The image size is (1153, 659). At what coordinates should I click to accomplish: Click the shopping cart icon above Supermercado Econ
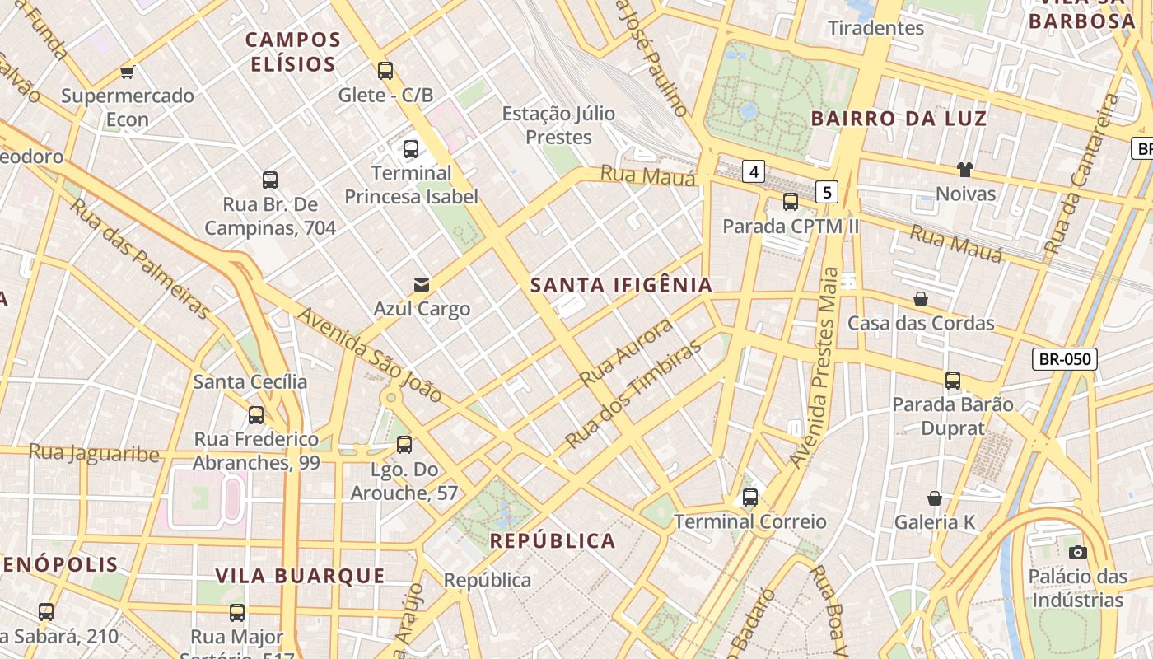tap(127, 72)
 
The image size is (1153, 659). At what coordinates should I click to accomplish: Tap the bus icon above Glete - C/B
tap(385, 70)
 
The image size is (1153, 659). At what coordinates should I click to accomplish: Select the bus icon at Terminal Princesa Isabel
tap(411, 149)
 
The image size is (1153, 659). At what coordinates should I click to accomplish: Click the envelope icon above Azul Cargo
tap(422, 285)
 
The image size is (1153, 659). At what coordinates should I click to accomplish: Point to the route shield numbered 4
tap(753, 171)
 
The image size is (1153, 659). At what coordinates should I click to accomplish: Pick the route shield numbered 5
tap(828, 193)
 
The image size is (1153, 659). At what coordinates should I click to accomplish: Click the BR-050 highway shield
tap(1064, 358)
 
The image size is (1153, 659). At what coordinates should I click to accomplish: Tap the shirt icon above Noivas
tap(965, 170)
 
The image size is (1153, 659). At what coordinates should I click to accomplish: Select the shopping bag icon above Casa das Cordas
tap(921, 299)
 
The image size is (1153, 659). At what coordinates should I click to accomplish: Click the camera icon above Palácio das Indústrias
tap(1077, 552)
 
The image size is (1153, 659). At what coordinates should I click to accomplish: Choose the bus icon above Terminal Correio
tap(749, 498)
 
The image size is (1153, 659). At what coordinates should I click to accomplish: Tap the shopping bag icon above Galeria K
tap(935, 498)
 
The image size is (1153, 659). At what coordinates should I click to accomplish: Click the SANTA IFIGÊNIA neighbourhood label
tap(621, 285)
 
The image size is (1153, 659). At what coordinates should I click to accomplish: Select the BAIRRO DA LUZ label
tap(899, 118)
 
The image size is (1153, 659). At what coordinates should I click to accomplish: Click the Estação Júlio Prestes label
tap(558, 125)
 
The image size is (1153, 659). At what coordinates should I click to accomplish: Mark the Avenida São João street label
tap(370, 354)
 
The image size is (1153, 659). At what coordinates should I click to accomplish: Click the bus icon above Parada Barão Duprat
tap(953, 380)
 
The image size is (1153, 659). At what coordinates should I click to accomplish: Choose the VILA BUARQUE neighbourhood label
tap(300, 575)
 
